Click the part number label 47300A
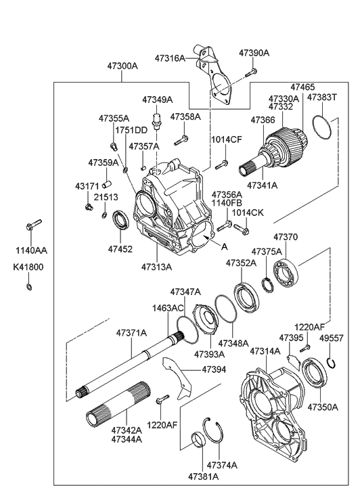pos(122,66)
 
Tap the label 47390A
pos(254,52)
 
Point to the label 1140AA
pos(26,250)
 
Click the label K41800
pos(28,267)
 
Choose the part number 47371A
pos(131,333)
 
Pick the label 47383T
pos(321,97)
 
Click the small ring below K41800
pos(28,286)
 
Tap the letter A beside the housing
pos(225,248)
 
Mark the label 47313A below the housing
pos(156,267)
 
